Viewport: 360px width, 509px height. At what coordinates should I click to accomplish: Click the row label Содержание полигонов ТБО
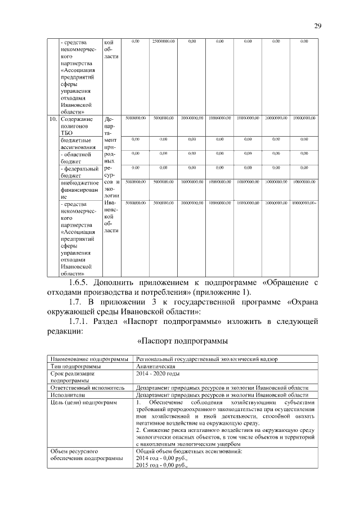tap(76, 128)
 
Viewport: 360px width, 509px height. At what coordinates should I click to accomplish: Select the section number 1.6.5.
tap(76, 282)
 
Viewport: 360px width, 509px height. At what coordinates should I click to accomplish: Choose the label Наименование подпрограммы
tap(87, 358)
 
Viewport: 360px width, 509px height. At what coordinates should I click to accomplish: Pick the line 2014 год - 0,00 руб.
tap(162, 459)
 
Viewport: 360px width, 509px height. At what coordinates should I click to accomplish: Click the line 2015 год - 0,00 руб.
tap(162, 466)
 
